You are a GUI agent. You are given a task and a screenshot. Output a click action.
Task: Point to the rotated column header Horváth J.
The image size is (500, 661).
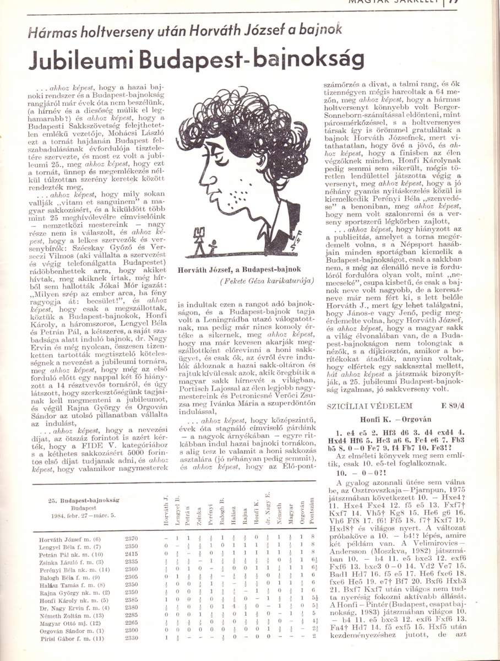(x=166, y=510)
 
